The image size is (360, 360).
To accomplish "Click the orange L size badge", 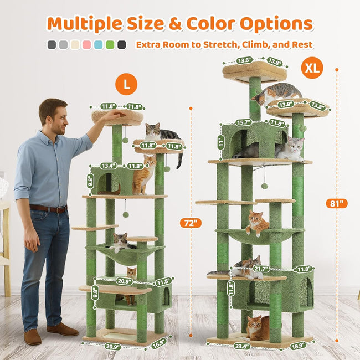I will pos(126,84).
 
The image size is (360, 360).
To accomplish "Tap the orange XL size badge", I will pos(312,69).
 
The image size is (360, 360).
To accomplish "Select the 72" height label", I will pos(191,223).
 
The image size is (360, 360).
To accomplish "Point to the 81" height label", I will pos(336,203).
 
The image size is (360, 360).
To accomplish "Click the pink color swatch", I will pos(87,45).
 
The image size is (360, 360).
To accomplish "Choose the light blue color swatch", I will pos(98,45).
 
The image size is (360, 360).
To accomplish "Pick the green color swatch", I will pos(110,45).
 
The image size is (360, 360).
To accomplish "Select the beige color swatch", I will pos(75,45).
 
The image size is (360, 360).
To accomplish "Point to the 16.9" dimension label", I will pos(158,342).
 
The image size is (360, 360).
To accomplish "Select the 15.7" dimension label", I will pos(243,122).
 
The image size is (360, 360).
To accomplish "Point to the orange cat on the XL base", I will pos(256,328).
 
